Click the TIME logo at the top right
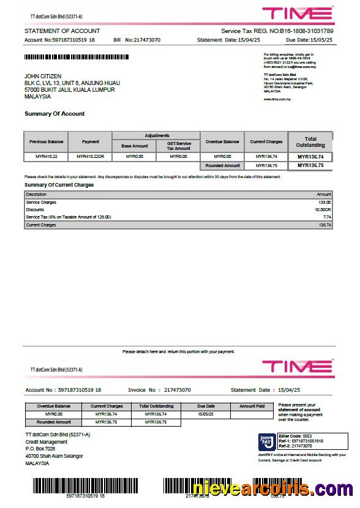point(298,13)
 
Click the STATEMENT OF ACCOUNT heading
point(62,31)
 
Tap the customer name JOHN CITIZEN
point(43,76)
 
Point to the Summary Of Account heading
point(54,114)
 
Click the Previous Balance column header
point(47,142)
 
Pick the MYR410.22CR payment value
point(91,157)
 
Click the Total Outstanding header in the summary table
point(310,142)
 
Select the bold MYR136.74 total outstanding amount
point(310,157)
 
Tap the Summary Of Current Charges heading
point(59,184)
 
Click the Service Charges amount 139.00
point(324,202)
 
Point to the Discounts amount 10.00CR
point(323,209)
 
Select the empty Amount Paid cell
point(252,414)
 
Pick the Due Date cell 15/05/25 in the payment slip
point(206,414)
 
